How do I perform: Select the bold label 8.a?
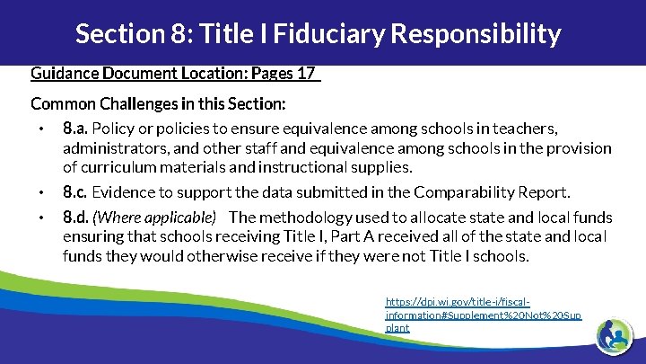[x=75, y=129]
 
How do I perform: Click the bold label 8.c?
[x=75, y=191]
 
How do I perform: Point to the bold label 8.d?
[x=75, y=217]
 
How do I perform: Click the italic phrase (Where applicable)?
[x=155, y=218]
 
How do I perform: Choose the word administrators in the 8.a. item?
[x=109, y=147]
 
